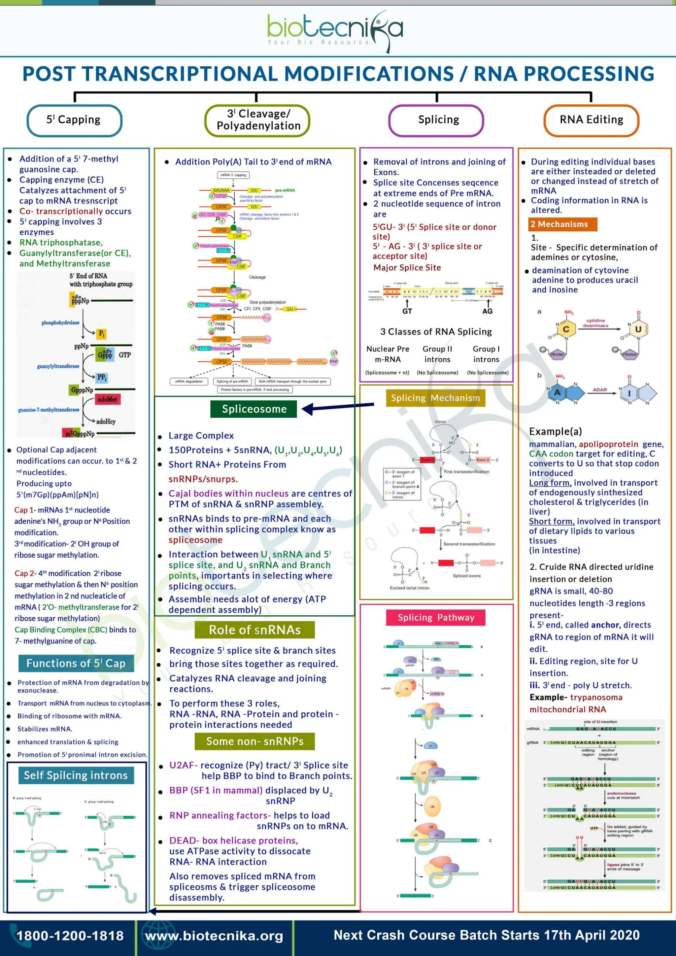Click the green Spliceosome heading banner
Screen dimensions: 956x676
[x=254, y=409]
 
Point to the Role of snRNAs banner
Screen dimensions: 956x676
[x=254, y=630]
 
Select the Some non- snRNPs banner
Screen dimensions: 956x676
[x=254, y=741]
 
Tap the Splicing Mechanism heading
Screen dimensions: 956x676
[x=435, y=398]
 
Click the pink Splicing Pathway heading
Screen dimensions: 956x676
[x=435, y=618]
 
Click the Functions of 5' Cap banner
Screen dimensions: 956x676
[x=76, y=663]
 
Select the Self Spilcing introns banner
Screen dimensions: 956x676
[x=76, y=775]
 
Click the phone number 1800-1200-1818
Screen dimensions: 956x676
[x=70, y=936]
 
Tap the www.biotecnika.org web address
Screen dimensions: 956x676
[x=214, y=936]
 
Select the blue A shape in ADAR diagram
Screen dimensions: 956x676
[x=558, y=393]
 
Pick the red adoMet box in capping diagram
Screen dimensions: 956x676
[x=107, y=399]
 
